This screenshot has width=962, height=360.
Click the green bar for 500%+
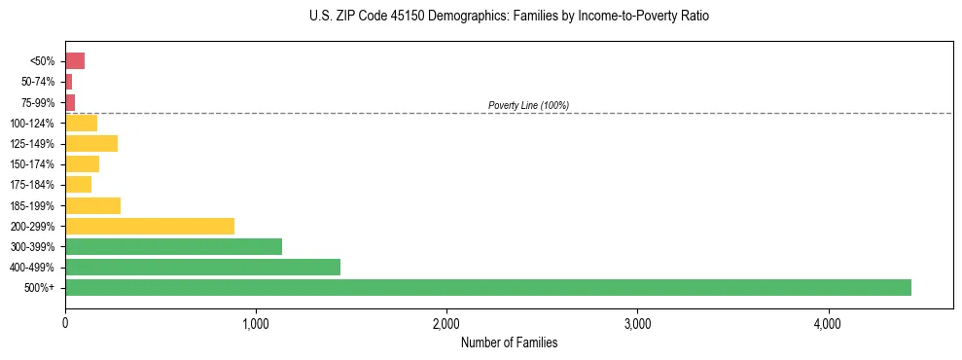coord(487,287)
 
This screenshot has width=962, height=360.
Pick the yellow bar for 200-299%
coord(150,226)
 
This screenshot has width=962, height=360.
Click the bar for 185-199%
coord(92,205)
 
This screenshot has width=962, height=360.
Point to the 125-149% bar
coord(91,144)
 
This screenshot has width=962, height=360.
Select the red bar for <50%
coord(75,61)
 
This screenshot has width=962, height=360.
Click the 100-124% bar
coord(81,124)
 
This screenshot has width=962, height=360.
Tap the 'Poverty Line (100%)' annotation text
coord(528,105)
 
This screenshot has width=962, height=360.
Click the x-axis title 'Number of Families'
coord(509,342)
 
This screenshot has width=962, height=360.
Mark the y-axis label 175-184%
coord(33,185)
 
